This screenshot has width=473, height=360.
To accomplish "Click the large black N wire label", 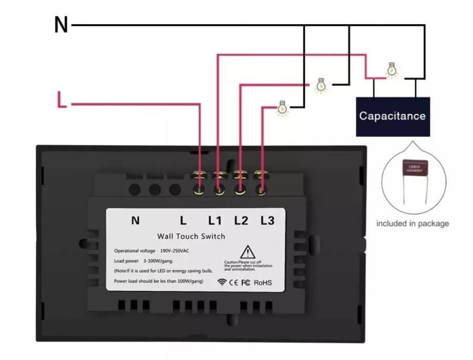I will pos(61,25).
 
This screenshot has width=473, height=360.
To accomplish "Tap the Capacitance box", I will pos(393,116).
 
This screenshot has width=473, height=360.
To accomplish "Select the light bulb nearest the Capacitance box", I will pos(390,70).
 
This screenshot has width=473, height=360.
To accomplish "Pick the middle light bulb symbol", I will pos(321,85).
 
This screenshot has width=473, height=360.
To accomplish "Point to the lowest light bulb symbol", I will pos(283,107).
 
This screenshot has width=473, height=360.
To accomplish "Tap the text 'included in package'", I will pos(413,223).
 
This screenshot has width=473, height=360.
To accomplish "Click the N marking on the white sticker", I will pos(135,221).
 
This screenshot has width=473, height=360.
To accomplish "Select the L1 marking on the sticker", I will pos(215,221).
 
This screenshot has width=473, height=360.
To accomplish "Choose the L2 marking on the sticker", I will pos(241,221).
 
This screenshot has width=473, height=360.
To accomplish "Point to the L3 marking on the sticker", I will pos(267,221).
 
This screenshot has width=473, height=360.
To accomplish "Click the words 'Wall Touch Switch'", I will pos(191,236).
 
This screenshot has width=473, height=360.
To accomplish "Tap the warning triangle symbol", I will pos(248,252).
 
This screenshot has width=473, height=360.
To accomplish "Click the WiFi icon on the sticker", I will pos(222,282).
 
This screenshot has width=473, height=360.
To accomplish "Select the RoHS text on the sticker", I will pos(263,283).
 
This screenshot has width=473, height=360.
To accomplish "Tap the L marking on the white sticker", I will pos(183,221).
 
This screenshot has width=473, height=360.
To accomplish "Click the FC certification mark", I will pos(245,283).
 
